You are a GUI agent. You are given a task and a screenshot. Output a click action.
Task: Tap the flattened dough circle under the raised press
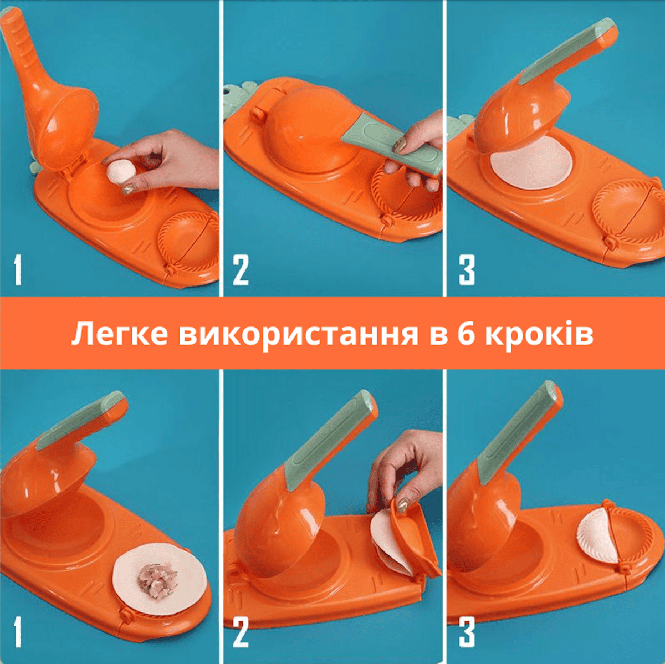tap(531, 163)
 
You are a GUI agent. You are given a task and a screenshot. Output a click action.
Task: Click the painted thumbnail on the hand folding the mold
tap(402, 505)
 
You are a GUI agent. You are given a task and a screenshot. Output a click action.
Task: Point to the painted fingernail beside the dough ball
tap(129, 188)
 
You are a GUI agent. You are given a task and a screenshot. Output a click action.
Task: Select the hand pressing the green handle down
tap(418, 151)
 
